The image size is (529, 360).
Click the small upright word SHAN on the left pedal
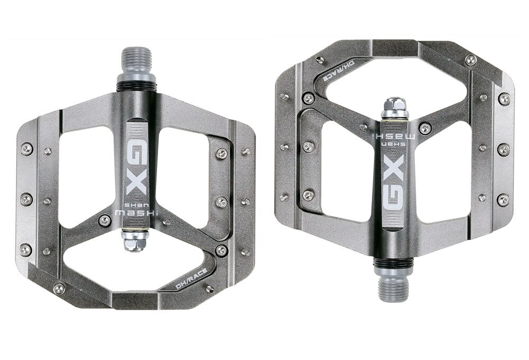(x=130, y=205)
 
